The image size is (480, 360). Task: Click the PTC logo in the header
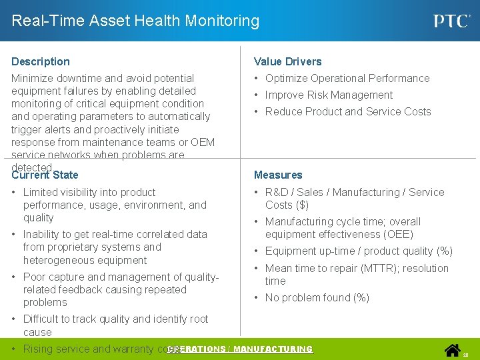coord(451,21)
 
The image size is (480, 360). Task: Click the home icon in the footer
coord(453,349)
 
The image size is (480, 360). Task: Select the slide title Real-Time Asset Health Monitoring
coord(135,21)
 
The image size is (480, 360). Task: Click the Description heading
coord(41,61)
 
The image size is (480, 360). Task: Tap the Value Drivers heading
coord(287,61)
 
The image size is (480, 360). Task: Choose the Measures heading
coord(278,175)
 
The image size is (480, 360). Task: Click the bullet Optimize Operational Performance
coord(347,78)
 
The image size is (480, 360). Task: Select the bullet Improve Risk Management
coord(329,95)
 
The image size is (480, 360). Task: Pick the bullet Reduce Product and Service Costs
coord(348,111)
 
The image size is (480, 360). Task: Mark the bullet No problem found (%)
coord(317,297)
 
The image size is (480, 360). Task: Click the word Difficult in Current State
coord(45,319)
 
